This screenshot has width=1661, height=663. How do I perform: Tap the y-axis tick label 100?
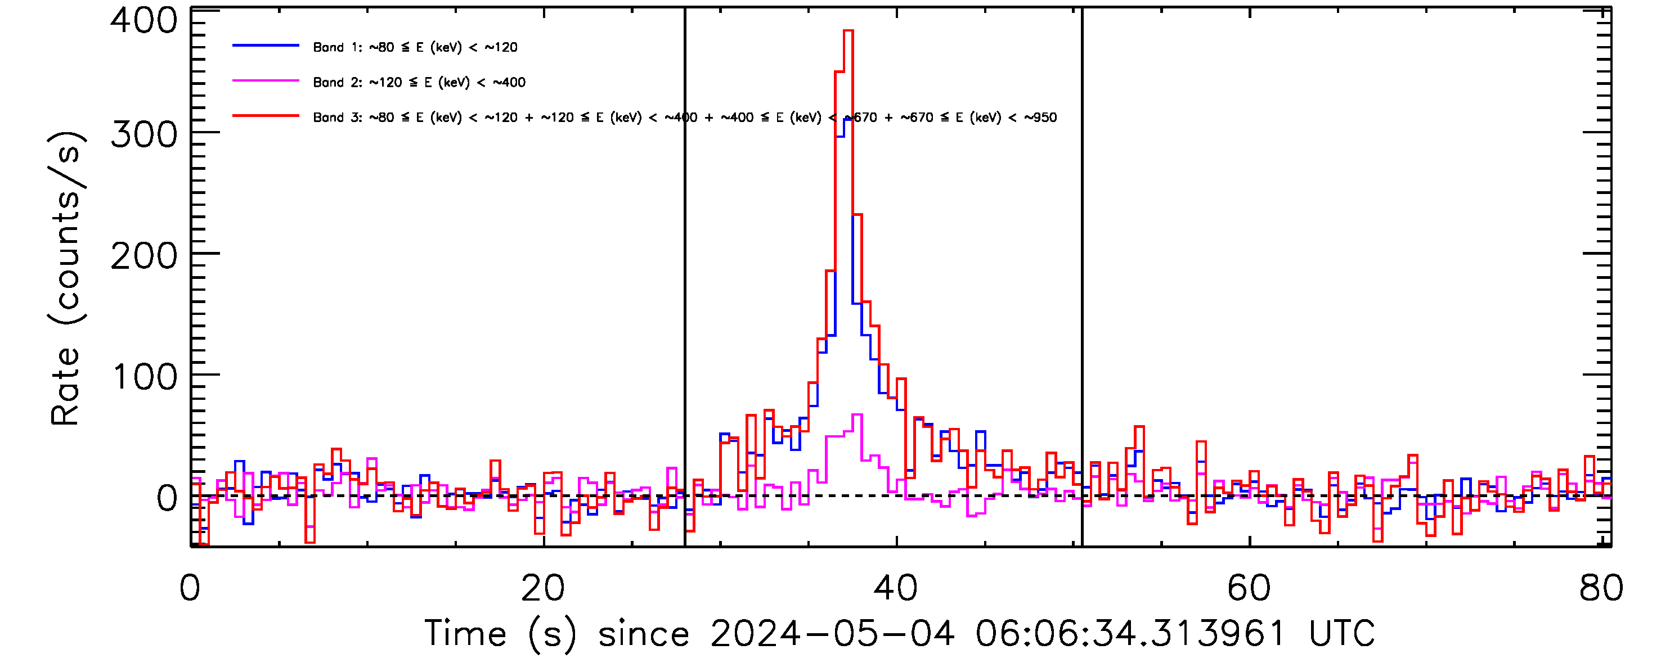point(145,377)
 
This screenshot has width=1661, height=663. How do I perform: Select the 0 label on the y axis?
point(167,498)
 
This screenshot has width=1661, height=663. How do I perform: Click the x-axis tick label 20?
point(542,588)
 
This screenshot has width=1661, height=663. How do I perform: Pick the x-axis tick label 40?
point(896,588)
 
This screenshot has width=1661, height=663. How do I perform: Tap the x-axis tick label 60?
point(1249,588)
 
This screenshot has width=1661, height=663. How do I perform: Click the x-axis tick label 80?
point(1601,588)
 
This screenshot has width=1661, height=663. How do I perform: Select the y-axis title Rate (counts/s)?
point(65,278)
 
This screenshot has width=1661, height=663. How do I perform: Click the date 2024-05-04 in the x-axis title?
point(832,633)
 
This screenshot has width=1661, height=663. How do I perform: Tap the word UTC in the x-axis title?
point(1341,633)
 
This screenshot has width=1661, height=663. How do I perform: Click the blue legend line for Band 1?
point(266,46)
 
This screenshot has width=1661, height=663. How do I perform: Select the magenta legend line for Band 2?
point(266,81)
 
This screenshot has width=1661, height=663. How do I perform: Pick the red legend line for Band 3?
point(266,116)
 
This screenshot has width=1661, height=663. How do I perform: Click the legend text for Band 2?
point(419,83)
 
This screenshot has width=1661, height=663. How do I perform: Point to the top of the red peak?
point(849,31)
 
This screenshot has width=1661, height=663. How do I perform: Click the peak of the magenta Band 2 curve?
point(858,415)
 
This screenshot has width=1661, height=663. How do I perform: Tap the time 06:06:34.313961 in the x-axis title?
point(1130,633)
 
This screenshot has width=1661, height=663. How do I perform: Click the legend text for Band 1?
point(415,47)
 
